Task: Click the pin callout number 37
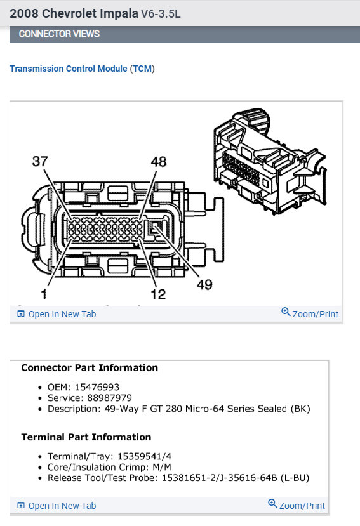click(41, 162)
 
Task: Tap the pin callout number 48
click(158, 162)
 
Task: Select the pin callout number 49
click(204, 284)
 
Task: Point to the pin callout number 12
click(158, 294)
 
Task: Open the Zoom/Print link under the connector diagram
click(310, 313)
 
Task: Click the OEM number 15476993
click(98, 387)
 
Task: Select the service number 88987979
click(105, 398)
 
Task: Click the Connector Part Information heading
click(90, 367)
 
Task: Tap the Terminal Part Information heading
click(86, 437)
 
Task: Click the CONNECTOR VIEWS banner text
click(59, 34)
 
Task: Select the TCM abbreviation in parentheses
click(142, 69)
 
